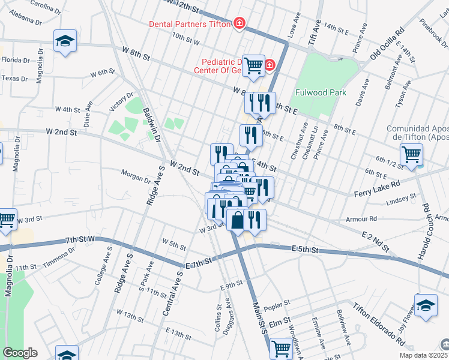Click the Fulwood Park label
[x=321, y=93]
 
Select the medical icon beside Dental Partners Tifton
[x=240, y=23]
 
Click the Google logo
[x=20, y=353]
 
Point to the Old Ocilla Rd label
[x=387, y=44]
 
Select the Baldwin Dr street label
[x=151, y=125]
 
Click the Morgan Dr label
[x=136, y=178]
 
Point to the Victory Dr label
[x=121, y=104]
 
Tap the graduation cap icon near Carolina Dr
[x=65, y=41]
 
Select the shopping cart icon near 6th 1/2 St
[x=411, y=154]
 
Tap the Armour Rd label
[x=365, y=219]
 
